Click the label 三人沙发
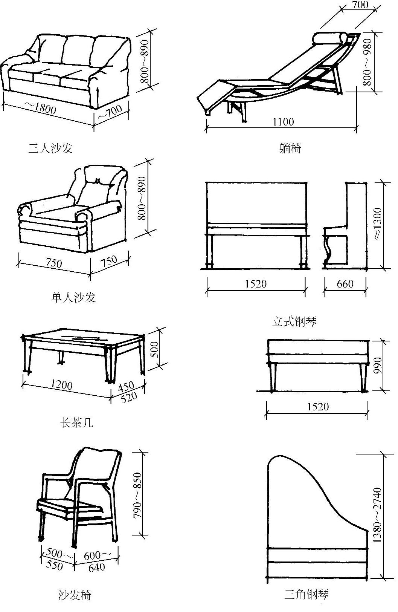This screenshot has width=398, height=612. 50,148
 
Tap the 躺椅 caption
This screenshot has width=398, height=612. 290,148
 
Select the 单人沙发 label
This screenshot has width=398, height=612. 74,297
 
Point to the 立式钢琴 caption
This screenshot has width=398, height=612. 294,321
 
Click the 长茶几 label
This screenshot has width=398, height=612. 76,423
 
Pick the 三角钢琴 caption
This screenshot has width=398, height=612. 307,595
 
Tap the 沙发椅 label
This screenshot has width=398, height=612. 75,595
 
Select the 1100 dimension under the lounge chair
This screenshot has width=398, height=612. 283,122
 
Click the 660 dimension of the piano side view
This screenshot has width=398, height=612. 345,284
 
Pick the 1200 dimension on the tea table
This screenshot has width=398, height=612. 62,385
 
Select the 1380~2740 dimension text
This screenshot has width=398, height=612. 377,515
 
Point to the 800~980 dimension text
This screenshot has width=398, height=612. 367,61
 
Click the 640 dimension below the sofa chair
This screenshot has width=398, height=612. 96,567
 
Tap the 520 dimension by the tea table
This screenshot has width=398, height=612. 129,397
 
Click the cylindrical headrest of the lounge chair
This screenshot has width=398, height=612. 330,39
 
